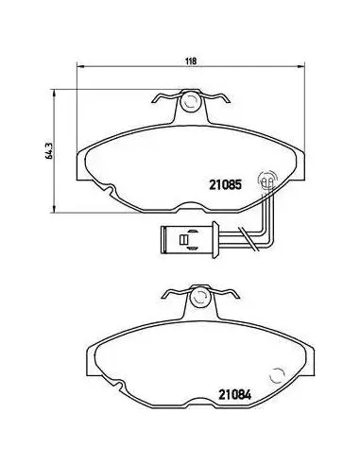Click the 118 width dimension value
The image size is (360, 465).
[x=191, y=61]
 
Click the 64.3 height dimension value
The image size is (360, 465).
[x=49, y=151]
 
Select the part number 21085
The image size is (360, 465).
[x=226, y=185]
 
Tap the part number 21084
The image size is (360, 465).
[x=235, y=395]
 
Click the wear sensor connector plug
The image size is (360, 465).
[x=190, y=239]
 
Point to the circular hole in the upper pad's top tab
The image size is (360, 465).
[x=190, y=101]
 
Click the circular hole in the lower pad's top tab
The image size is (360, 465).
[x=199, y=297]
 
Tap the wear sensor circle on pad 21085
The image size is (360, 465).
[x=266, y=181]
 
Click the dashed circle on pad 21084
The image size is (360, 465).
[x=278, y=376]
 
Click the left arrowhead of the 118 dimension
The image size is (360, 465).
[x=80, y=66]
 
